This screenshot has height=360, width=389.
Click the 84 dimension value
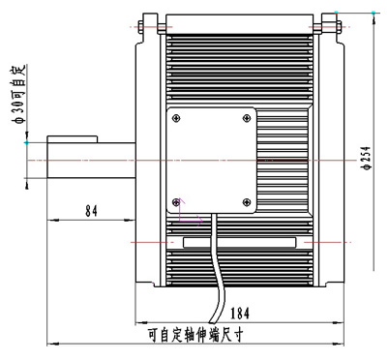(x=91, y=211)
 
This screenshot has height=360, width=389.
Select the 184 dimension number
(x=240, y=313)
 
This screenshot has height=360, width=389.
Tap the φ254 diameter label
(x=367, y=158)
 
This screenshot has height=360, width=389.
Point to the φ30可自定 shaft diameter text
(x=18, y=94)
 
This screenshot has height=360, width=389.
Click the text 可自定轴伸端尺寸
(x=195, y=335)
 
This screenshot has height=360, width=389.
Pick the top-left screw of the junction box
(x=176, y=118)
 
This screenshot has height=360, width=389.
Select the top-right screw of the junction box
(x=247, y=118)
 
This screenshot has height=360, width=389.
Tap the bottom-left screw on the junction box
(x=176, y=202)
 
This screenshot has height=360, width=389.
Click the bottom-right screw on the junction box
(x=247, y=202)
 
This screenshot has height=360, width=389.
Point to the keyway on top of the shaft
(x=73, y=139)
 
